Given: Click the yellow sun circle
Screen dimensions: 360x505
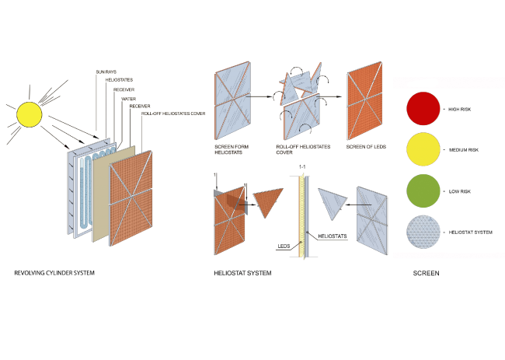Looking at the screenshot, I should click(x=29, y=114).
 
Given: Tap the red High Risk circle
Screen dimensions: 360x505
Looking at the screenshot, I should click(x=423, y=109).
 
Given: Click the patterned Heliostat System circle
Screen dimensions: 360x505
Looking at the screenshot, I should click(x=423, y=232).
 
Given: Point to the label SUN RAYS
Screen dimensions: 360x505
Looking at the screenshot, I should click(x=107, y=72).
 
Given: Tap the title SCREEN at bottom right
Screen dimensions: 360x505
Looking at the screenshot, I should click(x=426, y=274).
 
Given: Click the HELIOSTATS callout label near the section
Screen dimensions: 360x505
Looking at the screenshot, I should click(x=333, y=234).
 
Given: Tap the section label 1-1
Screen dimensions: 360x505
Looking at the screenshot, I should click(x=303, y=167).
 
